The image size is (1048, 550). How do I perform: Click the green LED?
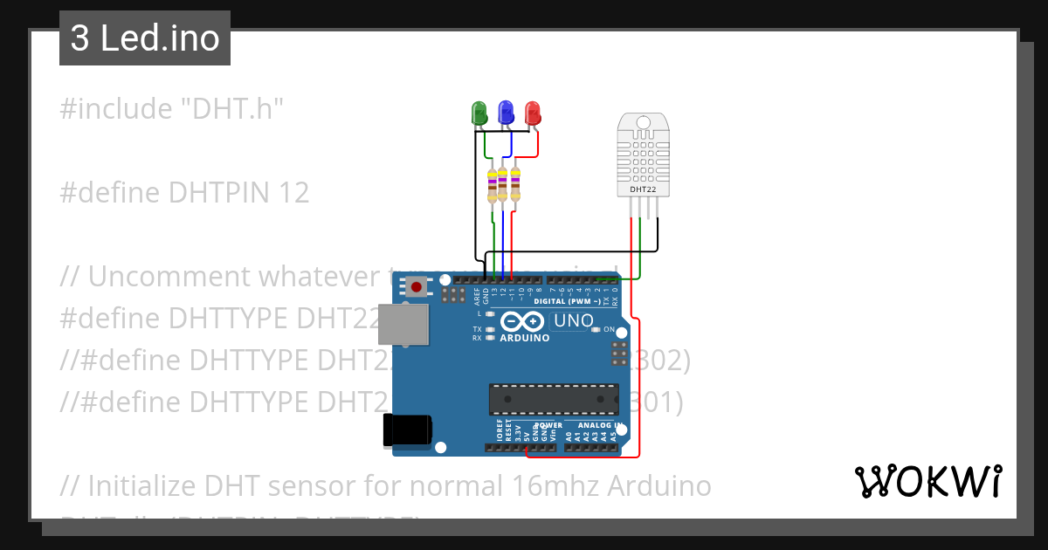point(479,113)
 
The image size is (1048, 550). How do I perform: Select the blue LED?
point(506,113)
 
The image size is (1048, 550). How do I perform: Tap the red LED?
point(533,113)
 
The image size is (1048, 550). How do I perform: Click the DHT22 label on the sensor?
point(643,188)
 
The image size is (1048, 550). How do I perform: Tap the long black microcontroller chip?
point(554,398)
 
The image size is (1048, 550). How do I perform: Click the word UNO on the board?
point(573,321)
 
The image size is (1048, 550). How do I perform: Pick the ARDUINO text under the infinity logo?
point(524,338)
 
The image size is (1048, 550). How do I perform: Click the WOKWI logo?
point(927,481)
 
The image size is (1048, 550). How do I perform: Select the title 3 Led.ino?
point(145,39)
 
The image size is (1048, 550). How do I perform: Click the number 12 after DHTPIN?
point(293,193)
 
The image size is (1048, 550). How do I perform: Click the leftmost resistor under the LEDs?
point(493,184)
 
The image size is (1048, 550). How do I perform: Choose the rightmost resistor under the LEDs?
point(515,182)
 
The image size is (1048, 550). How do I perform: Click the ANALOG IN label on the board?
point(597,426)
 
